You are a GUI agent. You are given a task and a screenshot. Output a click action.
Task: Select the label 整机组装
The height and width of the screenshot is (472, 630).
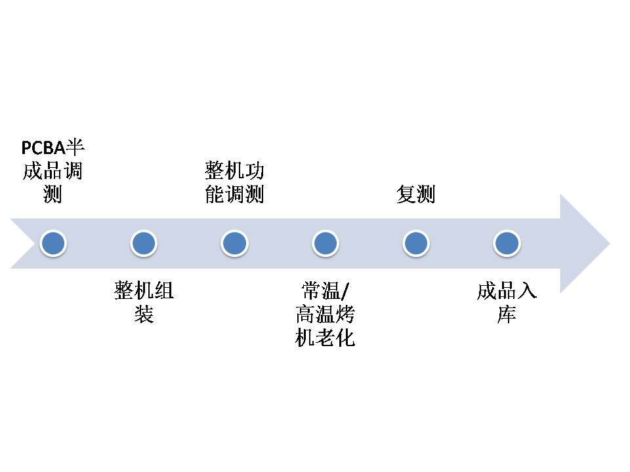pos(144,302)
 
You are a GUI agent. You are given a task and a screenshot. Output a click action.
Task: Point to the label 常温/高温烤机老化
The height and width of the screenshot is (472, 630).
pos(325,314)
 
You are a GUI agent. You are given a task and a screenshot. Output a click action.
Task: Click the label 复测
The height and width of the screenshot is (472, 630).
pos(415,195)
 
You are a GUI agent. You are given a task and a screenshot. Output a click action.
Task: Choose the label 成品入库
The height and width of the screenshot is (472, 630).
pos(507,302)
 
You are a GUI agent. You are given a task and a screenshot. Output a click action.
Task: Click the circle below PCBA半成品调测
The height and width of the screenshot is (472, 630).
pos(53,244)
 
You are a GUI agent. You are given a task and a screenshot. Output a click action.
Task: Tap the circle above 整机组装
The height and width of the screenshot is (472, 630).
pos(144,244)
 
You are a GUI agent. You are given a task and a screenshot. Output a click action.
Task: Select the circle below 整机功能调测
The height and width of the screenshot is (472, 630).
pos(234,244)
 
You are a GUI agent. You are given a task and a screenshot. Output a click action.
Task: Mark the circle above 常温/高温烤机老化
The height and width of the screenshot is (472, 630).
pos(325,244)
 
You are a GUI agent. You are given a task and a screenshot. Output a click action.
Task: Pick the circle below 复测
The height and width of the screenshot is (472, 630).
pos(415,244)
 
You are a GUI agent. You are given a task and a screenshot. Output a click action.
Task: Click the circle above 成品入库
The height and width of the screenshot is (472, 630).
pos(507,244)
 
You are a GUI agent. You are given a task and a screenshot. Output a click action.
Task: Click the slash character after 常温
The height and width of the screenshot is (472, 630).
pos(348,290)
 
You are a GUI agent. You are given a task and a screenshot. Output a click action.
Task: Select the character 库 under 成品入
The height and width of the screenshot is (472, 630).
pos(507,315)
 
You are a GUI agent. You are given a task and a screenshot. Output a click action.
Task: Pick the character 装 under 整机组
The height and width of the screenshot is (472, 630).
pos(144,315)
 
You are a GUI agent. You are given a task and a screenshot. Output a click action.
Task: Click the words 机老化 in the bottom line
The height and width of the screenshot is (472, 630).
pos(325,338)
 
